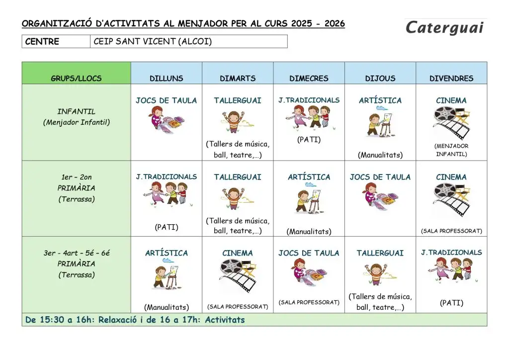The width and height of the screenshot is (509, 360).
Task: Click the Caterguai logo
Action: coord(444,28)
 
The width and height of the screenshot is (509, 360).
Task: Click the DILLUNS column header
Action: coord(167,79)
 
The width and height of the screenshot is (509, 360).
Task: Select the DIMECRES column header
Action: coord(309,79)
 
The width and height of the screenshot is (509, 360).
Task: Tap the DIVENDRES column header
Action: coord(451,79)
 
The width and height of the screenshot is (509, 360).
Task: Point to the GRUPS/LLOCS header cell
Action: coord(76,79)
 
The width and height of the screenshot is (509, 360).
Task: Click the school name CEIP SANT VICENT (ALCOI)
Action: coord(153,42)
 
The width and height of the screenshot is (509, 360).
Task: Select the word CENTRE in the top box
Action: coord(42,42)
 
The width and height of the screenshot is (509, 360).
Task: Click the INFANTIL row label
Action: coord(76,111)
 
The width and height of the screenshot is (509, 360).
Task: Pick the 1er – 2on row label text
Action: coord(76,177)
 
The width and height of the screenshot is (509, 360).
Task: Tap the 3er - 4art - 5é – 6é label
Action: coord(76,253)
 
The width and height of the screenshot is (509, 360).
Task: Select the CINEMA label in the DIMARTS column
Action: coord(238,253)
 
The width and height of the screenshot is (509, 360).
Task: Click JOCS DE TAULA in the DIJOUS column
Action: coord(380,177)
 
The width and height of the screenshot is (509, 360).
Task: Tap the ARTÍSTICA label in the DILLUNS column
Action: coord(167,253)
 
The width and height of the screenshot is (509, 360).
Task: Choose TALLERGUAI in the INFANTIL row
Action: coord(238,100)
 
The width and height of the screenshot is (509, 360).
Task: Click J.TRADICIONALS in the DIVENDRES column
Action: coord(451,253)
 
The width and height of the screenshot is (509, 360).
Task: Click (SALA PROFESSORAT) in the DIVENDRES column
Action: coord(451,231)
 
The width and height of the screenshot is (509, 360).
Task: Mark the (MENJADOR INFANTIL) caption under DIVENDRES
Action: coord(451,150)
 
